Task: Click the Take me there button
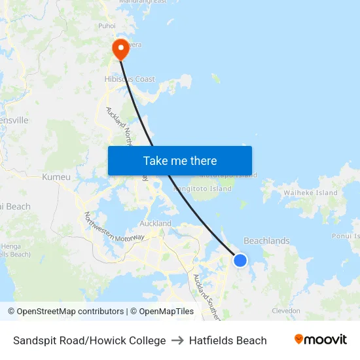[x=180, y=161]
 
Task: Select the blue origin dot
[x=240, y=261]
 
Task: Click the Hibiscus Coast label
[x=130, y=79]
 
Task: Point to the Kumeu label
[x=56, y=177]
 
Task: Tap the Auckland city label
[x=156, y=223]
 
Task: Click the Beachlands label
[x=266, y=241]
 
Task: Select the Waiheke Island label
[x=310, y=193]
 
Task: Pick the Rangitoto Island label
[x=202, y=189]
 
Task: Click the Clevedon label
[x=286, y=311]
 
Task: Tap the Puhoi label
[x=107, y=26]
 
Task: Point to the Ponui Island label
[x=346, y=236]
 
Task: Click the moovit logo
[x=321, y=340]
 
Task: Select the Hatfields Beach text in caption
[x=228, y=340]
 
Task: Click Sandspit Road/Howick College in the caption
[x=90, y=340]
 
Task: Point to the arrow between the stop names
[x=177, y=340]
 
